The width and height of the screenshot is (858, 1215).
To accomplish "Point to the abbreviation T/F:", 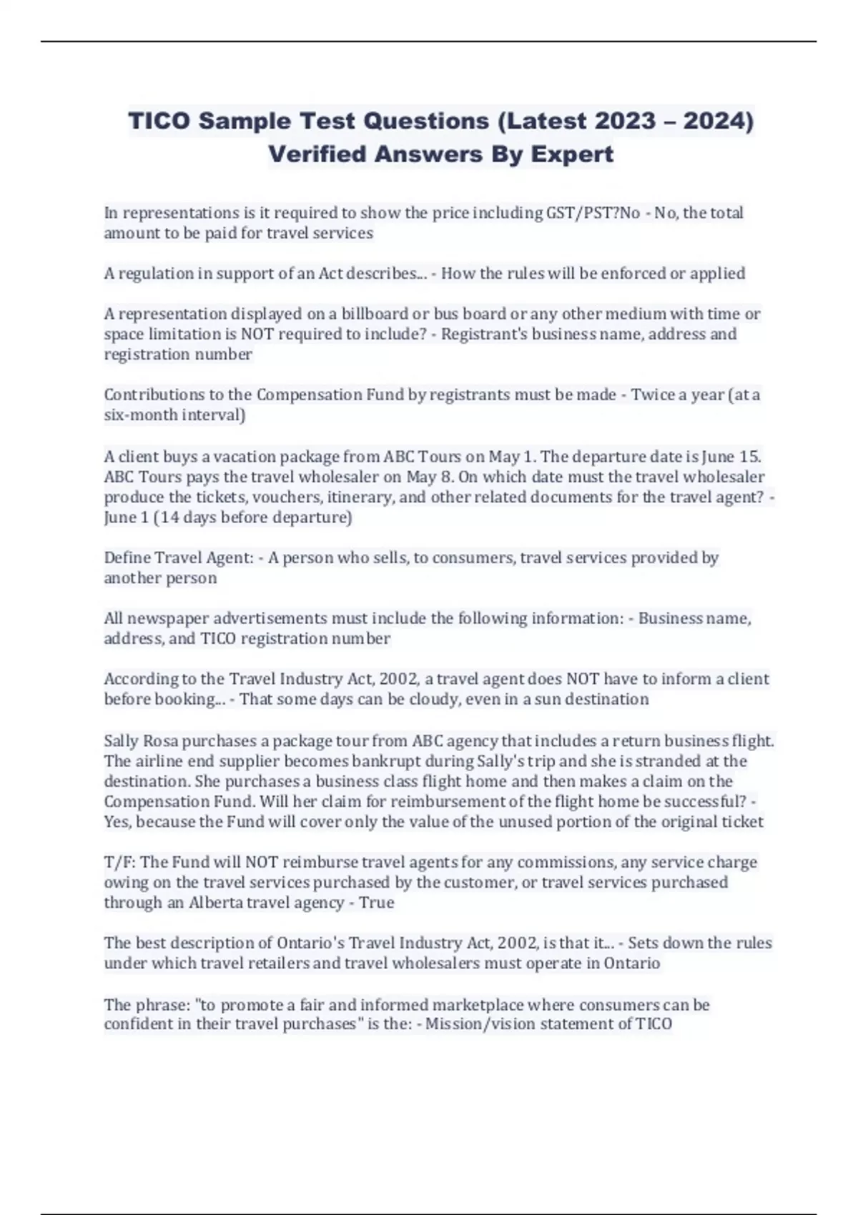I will (119, 863).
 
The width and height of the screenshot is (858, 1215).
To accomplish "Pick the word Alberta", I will (217, 903).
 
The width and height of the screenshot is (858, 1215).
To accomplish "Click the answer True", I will (377, 903).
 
